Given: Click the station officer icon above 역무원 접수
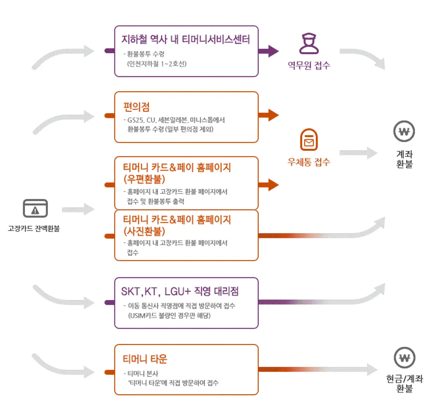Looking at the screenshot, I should point(309,44).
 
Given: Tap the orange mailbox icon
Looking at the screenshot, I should point(309,140).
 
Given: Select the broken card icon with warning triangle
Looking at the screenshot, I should point(35,209).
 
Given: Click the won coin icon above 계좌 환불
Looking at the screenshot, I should point(404,131).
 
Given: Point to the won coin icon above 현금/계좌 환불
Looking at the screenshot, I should point(404,358).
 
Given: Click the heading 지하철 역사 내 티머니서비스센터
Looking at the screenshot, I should point(186,39).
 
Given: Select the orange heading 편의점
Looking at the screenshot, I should point(136,107).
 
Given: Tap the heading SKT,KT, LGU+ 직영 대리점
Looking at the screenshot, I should point(180,291).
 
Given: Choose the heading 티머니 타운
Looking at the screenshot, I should point(145,359).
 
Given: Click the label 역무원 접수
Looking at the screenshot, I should point(309,65).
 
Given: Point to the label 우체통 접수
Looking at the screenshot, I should point(309,162).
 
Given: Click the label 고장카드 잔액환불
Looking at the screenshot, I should point(34,228).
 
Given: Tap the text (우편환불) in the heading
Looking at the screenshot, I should point(144,179).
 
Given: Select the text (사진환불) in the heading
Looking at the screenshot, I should point(144,231).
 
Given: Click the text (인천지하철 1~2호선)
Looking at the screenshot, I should point(157,64).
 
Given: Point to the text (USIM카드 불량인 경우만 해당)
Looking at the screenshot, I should point(169,316).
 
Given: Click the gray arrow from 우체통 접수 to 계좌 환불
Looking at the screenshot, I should point(358,153).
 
